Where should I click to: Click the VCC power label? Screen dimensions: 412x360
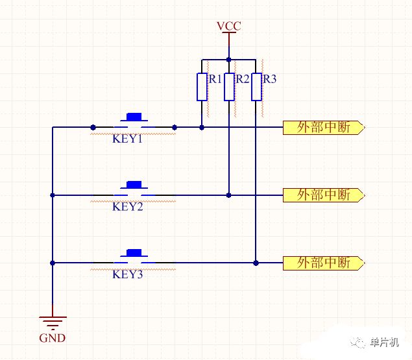(228, 26)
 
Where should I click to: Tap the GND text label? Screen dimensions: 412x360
(53, 338)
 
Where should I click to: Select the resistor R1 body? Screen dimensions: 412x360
(202, 87)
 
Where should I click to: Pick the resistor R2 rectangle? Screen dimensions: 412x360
(229, 87)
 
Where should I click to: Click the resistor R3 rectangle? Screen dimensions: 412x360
(256, 87)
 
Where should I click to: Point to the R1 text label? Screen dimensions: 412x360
(215, 79)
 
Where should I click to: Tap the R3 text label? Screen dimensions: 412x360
(270, 79)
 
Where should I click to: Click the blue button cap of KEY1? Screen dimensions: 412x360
(134, 117)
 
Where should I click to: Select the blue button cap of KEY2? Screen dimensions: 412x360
(134, 184)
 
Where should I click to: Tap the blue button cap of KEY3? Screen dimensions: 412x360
(134, 252)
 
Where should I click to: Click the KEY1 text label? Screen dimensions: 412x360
(127, 139)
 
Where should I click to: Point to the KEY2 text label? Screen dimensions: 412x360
(128, 206)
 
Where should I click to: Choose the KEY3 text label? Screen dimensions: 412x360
(128, 274)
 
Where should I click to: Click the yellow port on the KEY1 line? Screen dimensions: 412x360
(324, 128)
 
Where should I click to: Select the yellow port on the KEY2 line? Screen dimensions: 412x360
(324, 195)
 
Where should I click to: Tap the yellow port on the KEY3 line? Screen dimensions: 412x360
(324, 263)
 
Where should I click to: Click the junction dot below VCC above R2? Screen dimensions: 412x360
(229, 60)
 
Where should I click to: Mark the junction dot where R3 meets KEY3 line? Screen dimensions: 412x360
(256, 263)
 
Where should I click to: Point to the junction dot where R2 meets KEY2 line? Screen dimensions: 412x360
(229, 195)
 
